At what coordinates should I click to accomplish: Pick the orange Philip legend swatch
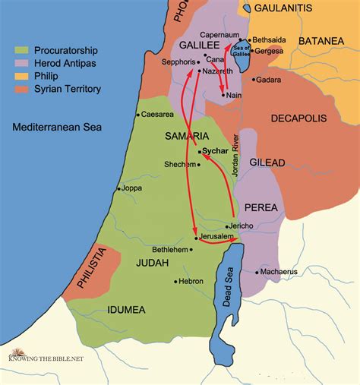(22, 77)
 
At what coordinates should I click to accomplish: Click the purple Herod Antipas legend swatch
(22, 64)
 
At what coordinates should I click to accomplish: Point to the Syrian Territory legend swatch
(22, 90)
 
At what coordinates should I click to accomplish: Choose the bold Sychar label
(216, 153)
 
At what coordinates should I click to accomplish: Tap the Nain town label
(235, 96)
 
